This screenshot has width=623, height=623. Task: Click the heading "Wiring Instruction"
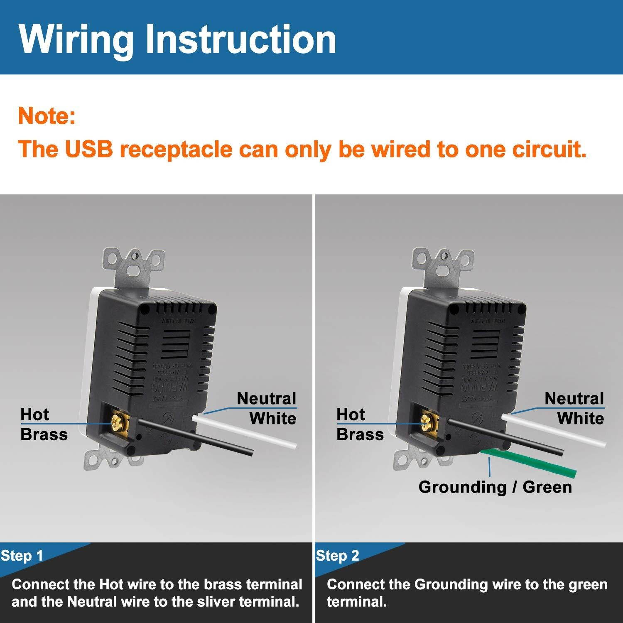pyautogui.click(x=177, y=39)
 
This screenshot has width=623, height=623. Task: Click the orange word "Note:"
pyautogui.click(x=47, y=116)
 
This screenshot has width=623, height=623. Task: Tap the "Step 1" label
pyautogui.click(x=22, y=556)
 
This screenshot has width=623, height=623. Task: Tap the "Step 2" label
pyautogui.click(x=337, y=556)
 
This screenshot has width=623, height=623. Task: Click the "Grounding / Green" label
pyautogui.click(x=495, y=487)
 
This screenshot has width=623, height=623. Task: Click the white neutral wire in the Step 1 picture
pyautogui.click(x=249, y=432)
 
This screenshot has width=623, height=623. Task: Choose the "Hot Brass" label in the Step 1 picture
pyautogui.click(x=44, y=424)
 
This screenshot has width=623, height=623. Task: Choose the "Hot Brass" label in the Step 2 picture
pyautogui.click(x=360, y=424)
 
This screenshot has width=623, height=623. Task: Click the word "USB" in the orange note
pyautogui.click(x=89, y=149)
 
